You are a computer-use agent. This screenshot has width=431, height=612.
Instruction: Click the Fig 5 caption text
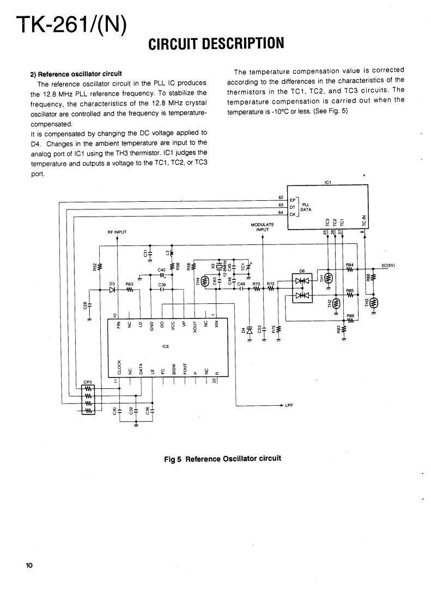coord(222,458)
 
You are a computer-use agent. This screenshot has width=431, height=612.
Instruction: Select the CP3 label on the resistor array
coord(87,382)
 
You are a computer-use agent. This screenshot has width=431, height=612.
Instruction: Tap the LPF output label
coord(289,406)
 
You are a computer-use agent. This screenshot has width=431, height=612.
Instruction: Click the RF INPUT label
coord(117,232)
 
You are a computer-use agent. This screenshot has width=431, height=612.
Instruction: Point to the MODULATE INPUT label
coord(263,227)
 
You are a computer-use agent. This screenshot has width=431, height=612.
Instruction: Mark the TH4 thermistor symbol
coord(205,281)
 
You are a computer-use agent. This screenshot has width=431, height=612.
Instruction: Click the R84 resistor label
coord(350,265)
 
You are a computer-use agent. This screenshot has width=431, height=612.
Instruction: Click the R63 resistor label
coord(129,284)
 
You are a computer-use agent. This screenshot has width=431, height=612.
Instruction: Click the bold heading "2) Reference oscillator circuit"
coord(76,73)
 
